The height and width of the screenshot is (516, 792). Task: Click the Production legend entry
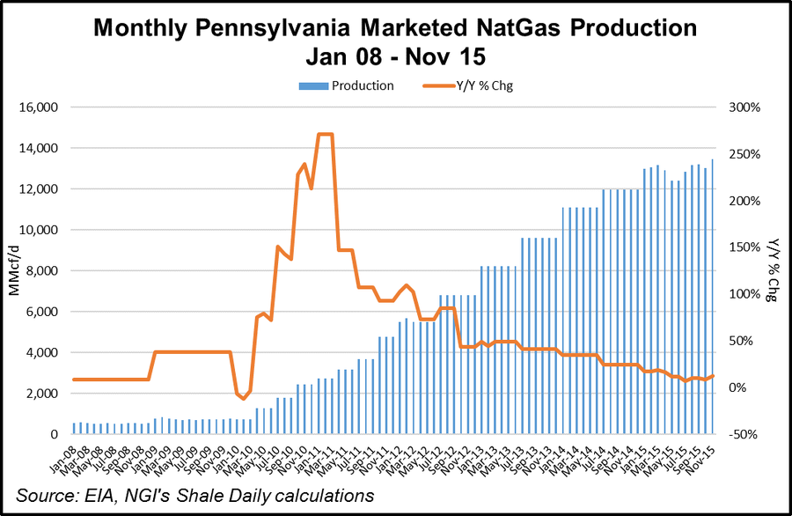(x=362, y=85)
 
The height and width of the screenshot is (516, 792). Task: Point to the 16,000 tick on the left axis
(x=37, y=107)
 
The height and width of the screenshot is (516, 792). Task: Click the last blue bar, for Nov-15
(x=712, y=297)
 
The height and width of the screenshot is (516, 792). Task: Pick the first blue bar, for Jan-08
(x=74, y=429)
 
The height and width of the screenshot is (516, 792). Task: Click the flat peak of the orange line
(x=325, y=134)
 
